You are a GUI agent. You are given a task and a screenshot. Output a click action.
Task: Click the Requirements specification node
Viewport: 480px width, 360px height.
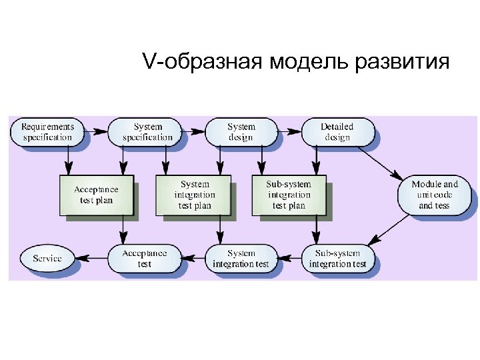(47, 132)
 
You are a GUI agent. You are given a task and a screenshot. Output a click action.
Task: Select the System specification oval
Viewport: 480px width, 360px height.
(147, 132)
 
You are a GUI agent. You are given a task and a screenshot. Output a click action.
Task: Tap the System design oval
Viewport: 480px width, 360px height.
(241, 132)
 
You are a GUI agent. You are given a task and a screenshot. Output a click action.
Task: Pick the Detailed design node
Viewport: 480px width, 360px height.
(337, 132)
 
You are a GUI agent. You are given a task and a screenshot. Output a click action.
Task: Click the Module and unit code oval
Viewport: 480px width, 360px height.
(434, 195)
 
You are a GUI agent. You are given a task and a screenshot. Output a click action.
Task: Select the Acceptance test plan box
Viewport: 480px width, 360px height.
(96, 195)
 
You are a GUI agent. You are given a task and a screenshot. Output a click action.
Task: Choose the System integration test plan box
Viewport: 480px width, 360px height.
(194, 195)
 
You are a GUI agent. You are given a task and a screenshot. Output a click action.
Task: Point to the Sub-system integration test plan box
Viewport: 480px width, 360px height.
(288, 195)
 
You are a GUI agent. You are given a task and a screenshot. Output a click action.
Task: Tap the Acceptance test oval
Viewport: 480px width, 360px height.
(144, 258)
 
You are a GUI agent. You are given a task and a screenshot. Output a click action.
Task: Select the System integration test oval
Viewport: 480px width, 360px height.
(241, 258)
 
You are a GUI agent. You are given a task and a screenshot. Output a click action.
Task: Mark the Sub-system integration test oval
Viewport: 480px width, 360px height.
(337, 258)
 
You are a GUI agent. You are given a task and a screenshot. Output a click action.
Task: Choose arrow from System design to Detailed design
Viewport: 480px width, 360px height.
(289, 132)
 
